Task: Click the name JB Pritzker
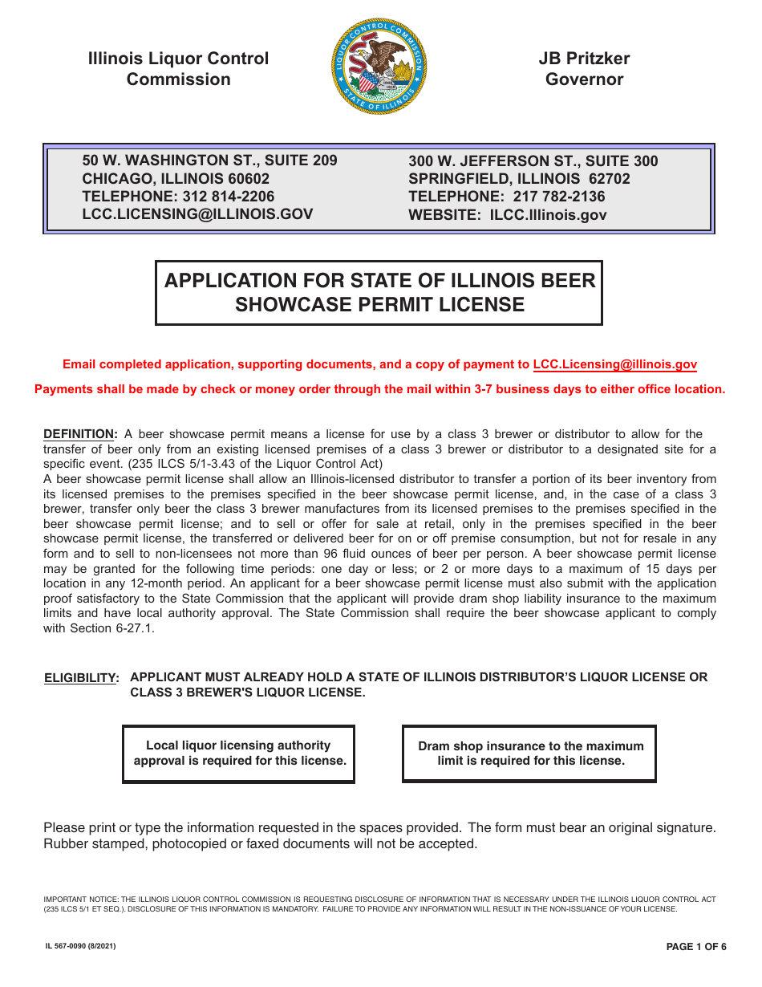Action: pos(584,59)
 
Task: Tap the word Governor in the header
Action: pos(584,79)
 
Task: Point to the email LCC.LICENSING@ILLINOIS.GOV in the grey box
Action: pos(197,214)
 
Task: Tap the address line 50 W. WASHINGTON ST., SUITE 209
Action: pos(209,160)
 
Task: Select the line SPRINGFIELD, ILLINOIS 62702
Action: pos(519,179)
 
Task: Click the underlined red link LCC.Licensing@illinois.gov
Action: pos(614,364)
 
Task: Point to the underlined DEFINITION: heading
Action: pos(80,434)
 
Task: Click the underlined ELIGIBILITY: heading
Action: pos(81,678)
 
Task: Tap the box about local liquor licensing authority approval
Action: pos(239,753)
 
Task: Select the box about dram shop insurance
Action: pos(530,753)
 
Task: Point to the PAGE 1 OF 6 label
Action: pos(696,947)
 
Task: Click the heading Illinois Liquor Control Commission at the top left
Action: pos(178,69)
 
